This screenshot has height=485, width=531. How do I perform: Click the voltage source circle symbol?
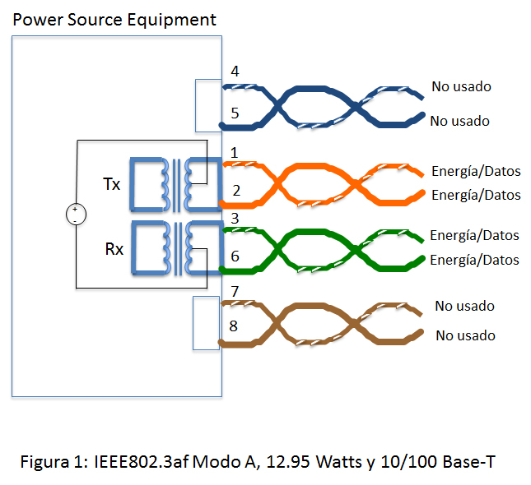tap(75, 215)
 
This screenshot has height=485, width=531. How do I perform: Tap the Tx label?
tap(111, 184)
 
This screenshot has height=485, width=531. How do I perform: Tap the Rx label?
tap(114, 247)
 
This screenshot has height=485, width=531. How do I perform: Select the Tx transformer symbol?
tap(172, 184)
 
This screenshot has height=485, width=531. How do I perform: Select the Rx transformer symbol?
tap(172, 247)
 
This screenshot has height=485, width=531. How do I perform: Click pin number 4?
tap(235, 72)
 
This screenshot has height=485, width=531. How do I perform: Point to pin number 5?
tap(235, 113)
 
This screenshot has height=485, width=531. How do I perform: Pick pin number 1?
tap(235, 152)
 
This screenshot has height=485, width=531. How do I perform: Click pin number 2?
tap(236, 192)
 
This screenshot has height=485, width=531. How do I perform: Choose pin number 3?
tap(235, 218)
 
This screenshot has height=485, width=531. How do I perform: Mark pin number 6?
tap(235, 256)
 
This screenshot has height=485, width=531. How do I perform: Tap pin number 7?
tap(235, 292)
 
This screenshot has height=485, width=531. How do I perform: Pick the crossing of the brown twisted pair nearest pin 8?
tap(277, 319)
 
